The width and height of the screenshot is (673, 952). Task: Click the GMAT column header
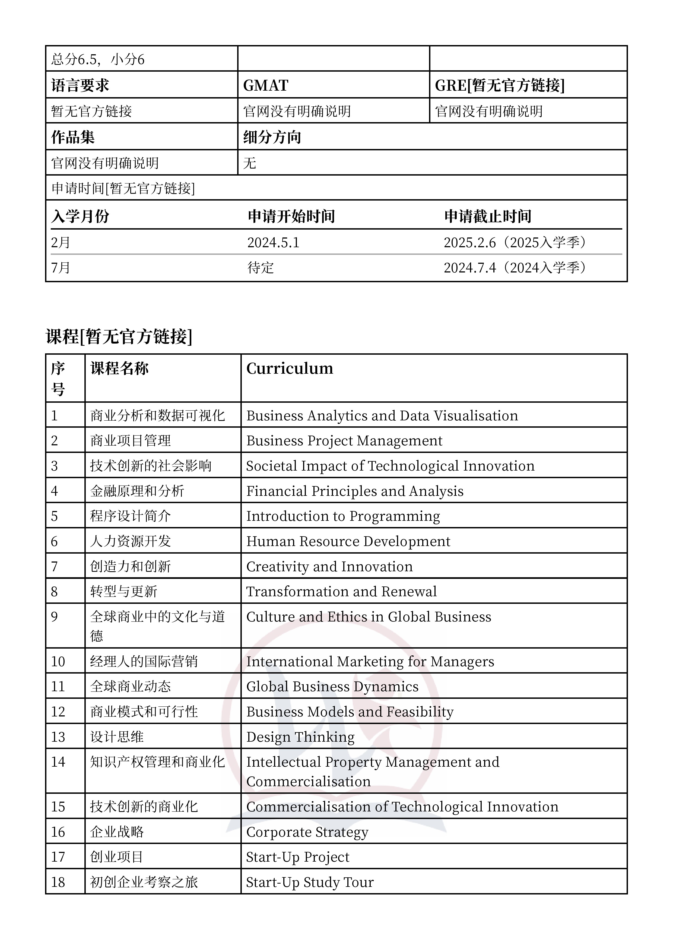click(x=265, y=85)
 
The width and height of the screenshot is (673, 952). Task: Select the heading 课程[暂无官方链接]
click(x=119, y=336)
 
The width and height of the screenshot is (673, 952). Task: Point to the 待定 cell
click(x=261, y=267)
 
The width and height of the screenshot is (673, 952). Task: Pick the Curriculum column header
click(x=290, y=368)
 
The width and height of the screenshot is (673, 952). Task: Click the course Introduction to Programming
click(x=343, y=516)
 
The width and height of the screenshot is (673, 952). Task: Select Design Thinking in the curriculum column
click(x=300, y=737)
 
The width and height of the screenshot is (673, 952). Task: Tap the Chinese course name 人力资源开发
click(x=130, y=541)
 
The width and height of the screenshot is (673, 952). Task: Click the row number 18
click(x=58, y=882)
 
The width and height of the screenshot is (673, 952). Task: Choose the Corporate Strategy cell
click(x=307, y=832)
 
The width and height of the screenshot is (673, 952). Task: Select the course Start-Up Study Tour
click(x=310, y=882)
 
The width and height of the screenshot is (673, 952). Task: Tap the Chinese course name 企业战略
click(x=117, y=832)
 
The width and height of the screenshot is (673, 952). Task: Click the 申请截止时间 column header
click(x=488, y=216)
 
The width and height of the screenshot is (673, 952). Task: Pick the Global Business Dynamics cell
click(x=332, y=686)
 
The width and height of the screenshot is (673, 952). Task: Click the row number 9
click(x=54, y=617)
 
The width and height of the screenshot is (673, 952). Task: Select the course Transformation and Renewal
click(x=341, y=591)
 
